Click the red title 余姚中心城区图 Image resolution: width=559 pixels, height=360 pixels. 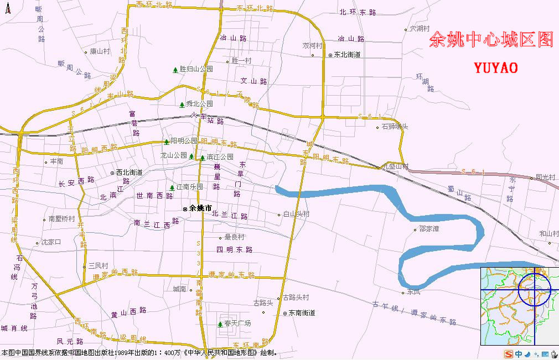[x=491, y=39]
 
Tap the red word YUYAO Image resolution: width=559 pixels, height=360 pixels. [x=496, y=68]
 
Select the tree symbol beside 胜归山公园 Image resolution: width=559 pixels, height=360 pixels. [x=175, y=70]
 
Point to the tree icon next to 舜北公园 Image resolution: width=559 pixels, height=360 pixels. [x=182, y=104]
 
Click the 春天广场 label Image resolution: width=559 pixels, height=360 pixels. [x=238, y=323]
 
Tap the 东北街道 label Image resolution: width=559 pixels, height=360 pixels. [x=347, y=55]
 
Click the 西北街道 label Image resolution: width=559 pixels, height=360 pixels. [x=130, y=173]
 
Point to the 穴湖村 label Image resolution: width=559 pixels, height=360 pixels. [x=420, y=28]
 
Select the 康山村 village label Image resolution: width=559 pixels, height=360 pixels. [x=100, y=51]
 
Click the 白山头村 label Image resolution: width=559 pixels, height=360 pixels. [x=296, y=214]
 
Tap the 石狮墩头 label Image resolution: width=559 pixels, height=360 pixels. [x=395, y=127]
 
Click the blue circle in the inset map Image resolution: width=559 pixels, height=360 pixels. [x=534, y=289]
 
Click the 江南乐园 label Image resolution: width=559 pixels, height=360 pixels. [x=190, y=187]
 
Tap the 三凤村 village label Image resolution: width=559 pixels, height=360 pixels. [x=99, y=266]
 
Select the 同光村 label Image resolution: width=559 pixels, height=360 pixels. [x=545, y=178]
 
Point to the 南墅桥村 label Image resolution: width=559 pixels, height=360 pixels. [x=61, y=219]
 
